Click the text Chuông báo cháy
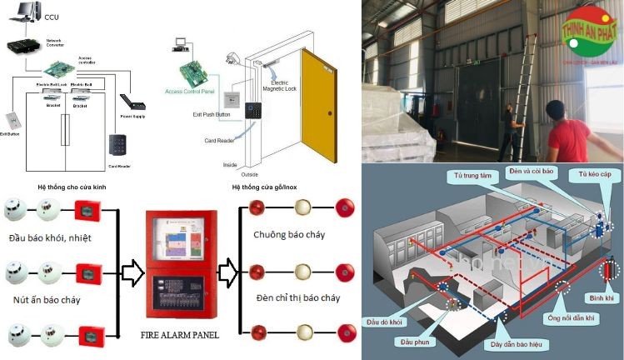click(289, 235)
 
